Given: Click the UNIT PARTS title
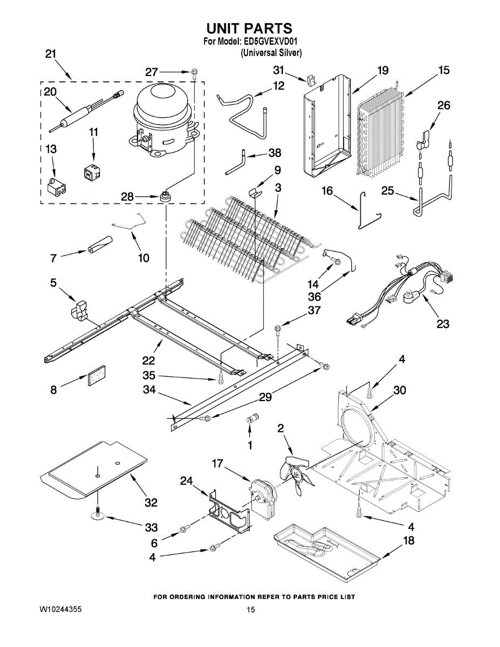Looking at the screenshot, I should [x=249, y=28].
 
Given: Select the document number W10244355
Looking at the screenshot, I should [x=60, y=609].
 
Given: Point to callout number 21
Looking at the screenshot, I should [x=51, y=54].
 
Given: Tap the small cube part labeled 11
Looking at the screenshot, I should [x=91, y=171].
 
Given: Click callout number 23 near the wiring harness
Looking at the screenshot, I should [x=443, y=324].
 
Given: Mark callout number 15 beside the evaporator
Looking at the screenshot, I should [x=443, y=70].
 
